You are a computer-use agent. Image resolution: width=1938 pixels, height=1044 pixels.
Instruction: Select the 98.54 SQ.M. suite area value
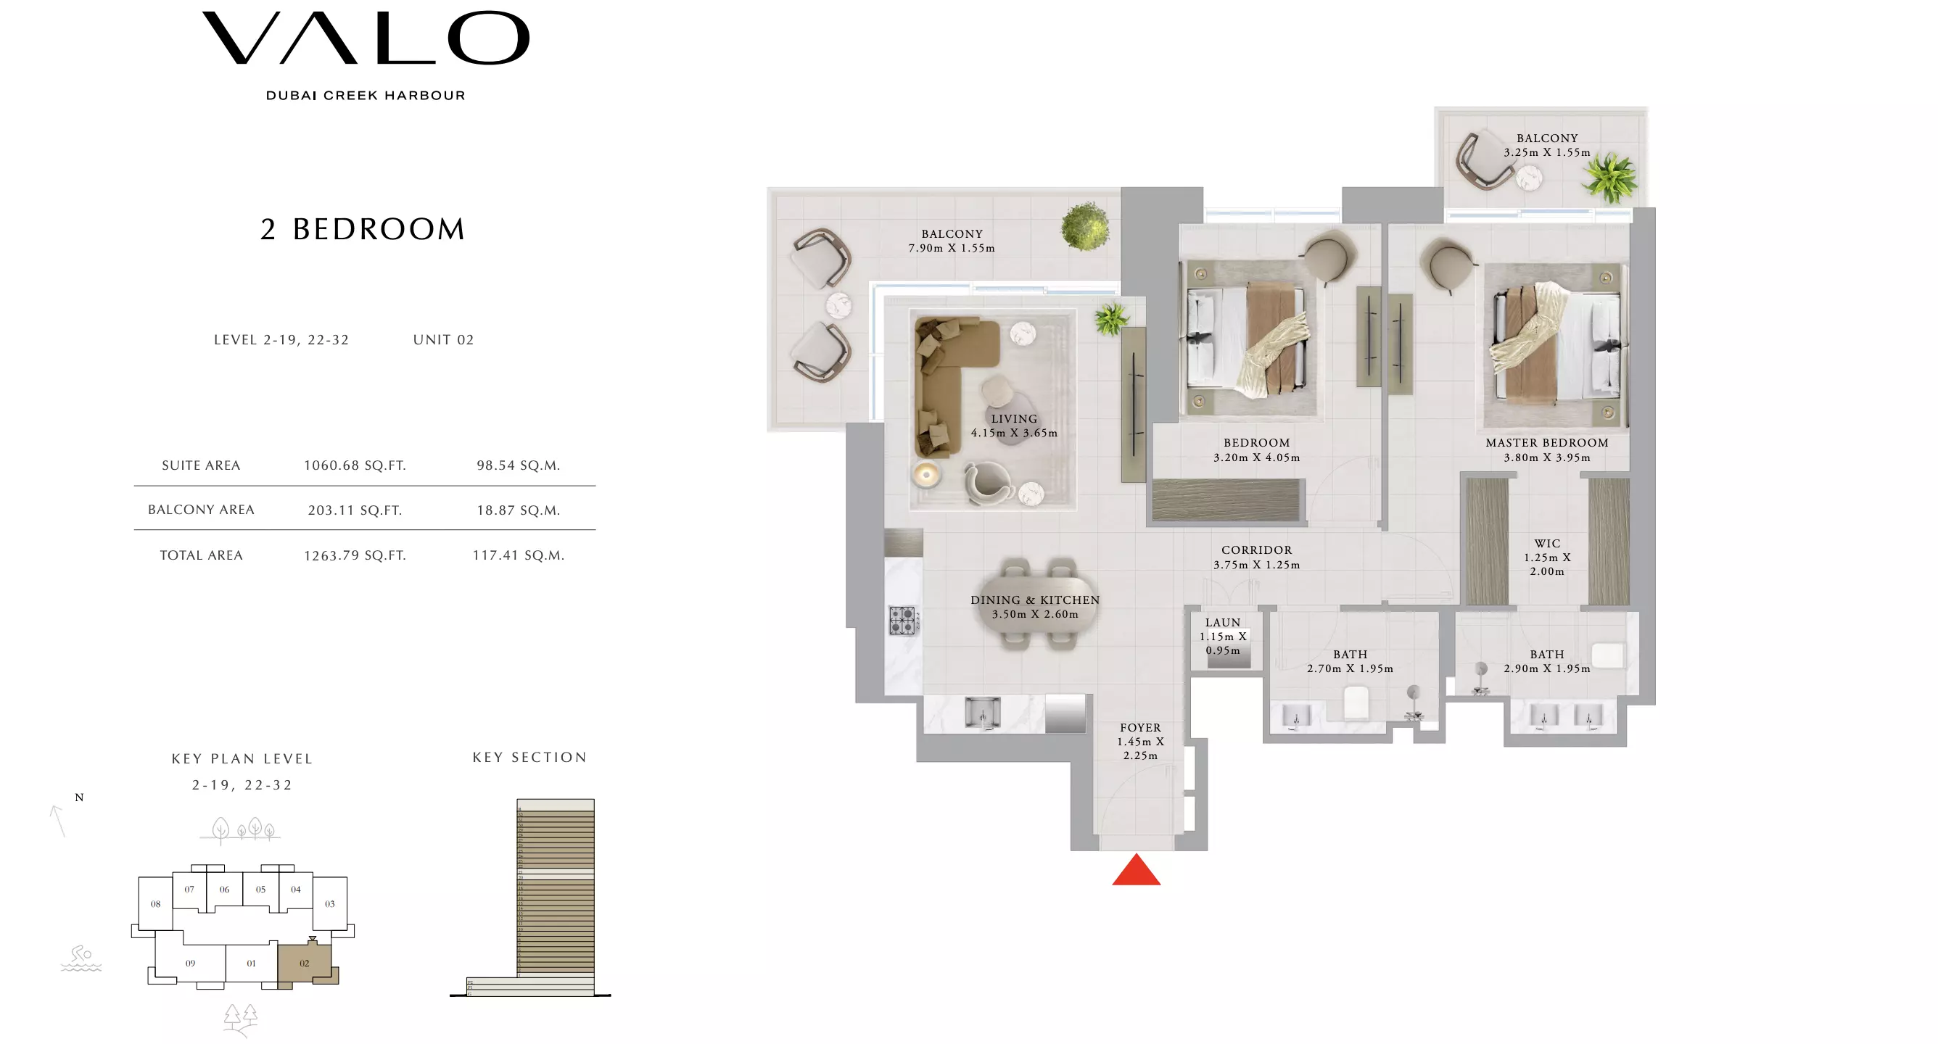coord(519,465)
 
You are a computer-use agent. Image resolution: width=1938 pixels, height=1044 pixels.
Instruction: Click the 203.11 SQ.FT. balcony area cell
coord(355,510)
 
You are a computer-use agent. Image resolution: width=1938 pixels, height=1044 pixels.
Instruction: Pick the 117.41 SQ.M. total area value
coord(519,555)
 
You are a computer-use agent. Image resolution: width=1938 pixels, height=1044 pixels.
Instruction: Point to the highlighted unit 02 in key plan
coord(304,964)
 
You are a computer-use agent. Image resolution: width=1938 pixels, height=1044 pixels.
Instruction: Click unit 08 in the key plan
coord(156,904)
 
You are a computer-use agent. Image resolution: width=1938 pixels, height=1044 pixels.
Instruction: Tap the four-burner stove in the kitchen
coord(902,621)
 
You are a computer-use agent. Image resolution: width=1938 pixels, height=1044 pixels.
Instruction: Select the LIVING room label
coord(1013,419)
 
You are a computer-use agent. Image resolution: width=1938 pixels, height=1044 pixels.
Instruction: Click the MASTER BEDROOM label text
coord(1547,443)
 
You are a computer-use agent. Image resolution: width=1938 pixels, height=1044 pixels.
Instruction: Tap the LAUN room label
coord(1223,623)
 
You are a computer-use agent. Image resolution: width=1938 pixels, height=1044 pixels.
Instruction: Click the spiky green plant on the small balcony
coord(1609,178)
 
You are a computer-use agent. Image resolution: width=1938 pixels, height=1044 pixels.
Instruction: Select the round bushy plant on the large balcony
coord(1085,225)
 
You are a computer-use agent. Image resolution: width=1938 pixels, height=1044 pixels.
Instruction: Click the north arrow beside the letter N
coord(58,821)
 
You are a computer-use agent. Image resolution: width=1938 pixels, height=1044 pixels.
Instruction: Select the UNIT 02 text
coord(443,340)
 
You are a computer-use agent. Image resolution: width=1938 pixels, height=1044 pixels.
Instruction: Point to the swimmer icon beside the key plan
coord(81,959)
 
